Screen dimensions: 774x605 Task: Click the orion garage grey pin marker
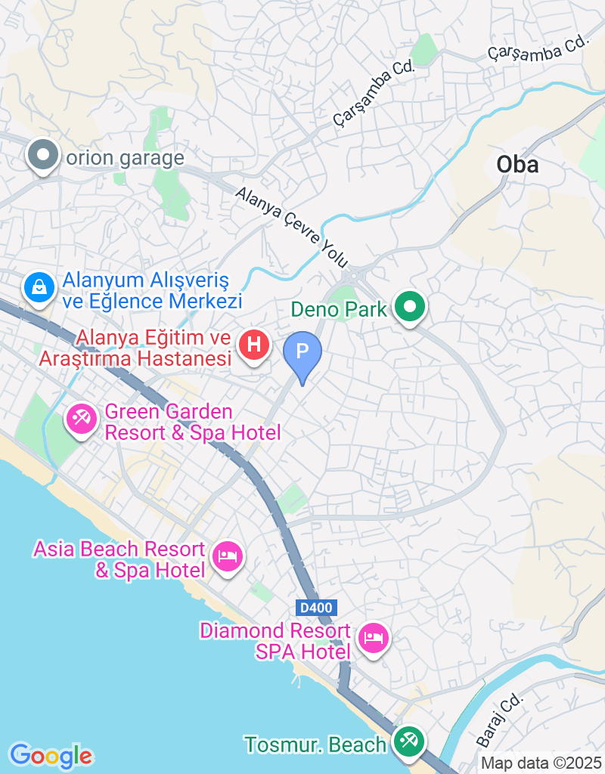coord(43,156)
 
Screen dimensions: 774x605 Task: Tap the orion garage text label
coord(126,158)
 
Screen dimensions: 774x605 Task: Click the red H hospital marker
coord(254,345)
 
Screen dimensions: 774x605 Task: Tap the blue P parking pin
coord(302,351)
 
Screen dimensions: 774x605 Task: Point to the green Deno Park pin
coord(411,307)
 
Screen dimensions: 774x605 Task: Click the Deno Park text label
coord(340,308)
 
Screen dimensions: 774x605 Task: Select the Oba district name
coord(517,164)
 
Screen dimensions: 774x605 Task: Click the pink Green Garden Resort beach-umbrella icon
coord(80,418)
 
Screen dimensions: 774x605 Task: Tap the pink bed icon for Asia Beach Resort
coord(228,557)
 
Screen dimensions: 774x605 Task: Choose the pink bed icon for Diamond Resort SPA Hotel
coord(373,637)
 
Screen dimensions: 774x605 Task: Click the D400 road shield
coord(315,607)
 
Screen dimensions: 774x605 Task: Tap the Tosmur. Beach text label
coord(315,745)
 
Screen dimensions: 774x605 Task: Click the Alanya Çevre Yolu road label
coord(292,228)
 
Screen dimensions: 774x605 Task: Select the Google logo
coord(51,755)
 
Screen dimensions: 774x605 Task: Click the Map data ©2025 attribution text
coord(541,763)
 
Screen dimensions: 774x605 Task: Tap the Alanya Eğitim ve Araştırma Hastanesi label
coord(135,348)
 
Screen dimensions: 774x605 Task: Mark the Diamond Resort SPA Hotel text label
coord(275,641)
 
